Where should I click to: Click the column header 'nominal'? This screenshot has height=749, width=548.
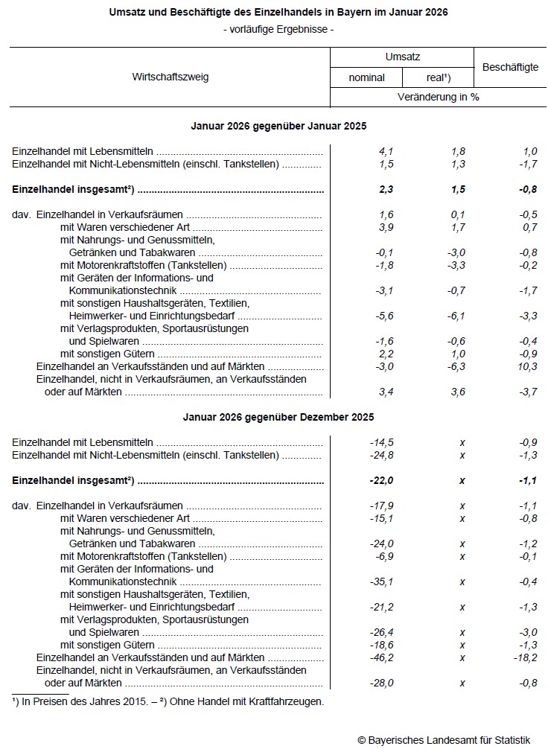pyautogui.click(x=366, y=77)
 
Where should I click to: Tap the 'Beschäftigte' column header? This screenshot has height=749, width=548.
pyautogui.click(x=510, y=67)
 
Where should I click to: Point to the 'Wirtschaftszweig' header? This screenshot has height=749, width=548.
pyautogui.click(x=171, y=77)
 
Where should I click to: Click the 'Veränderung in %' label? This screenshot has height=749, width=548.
pyautogui.click(x=438, y=97)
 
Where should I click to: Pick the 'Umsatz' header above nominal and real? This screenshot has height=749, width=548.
pyautogui.click(x=403, y=57)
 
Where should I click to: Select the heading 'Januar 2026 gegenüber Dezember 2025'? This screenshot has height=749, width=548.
pyautogui.click(x=278, y=417)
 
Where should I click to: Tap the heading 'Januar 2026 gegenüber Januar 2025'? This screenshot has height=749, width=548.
pyautogui.click(x=278, y=126)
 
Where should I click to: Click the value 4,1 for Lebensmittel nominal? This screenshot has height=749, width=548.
pyautogui.click(x=386, y=151)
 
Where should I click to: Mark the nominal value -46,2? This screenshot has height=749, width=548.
pyautogui.click(x=382, y=657)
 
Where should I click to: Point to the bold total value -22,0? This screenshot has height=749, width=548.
pyautogui.click(x=382, y=480)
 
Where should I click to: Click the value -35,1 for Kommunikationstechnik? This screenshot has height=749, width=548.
pyautogui.click(x=382, y=581)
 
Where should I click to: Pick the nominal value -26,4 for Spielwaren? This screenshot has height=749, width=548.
pyautogui.click(x=382, y=632)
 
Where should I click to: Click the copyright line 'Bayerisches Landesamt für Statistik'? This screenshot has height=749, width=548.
pyautogui.click(x=450, y=739)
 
